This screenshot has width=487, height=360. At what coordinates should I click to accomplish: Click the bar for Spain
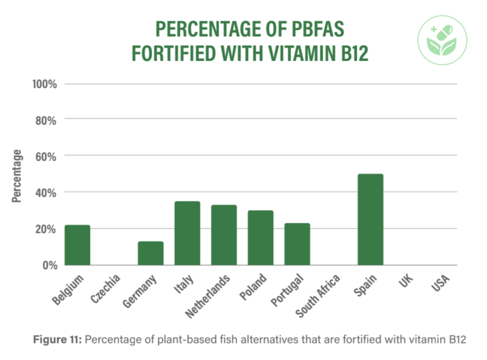coord(370,219)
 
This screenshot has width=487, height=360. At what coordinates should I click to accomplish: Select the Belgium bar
coord(77,245)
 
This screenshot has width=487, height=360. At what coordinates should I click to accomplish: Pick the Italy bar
coord(187,233)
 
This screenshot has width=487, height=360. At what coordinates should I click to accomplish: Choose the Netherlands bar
coord(224,235)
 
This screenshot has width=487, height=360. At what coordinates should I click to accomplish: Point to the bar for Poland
coord(261,238)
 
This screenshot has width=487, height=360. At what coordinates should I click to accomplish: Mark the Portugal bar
coord(297,244)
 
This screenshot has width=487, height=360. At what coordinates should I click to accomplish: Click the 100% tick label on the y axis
coord(45,84)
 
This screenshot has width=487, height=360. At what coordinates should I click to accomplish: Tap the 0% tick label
coord(49,265)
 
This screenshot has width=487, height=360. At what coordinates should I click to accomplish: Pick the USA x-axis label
coord(441,284)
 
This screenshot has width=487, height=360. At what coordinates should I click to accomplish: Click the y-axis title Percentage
coord(18,176)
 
